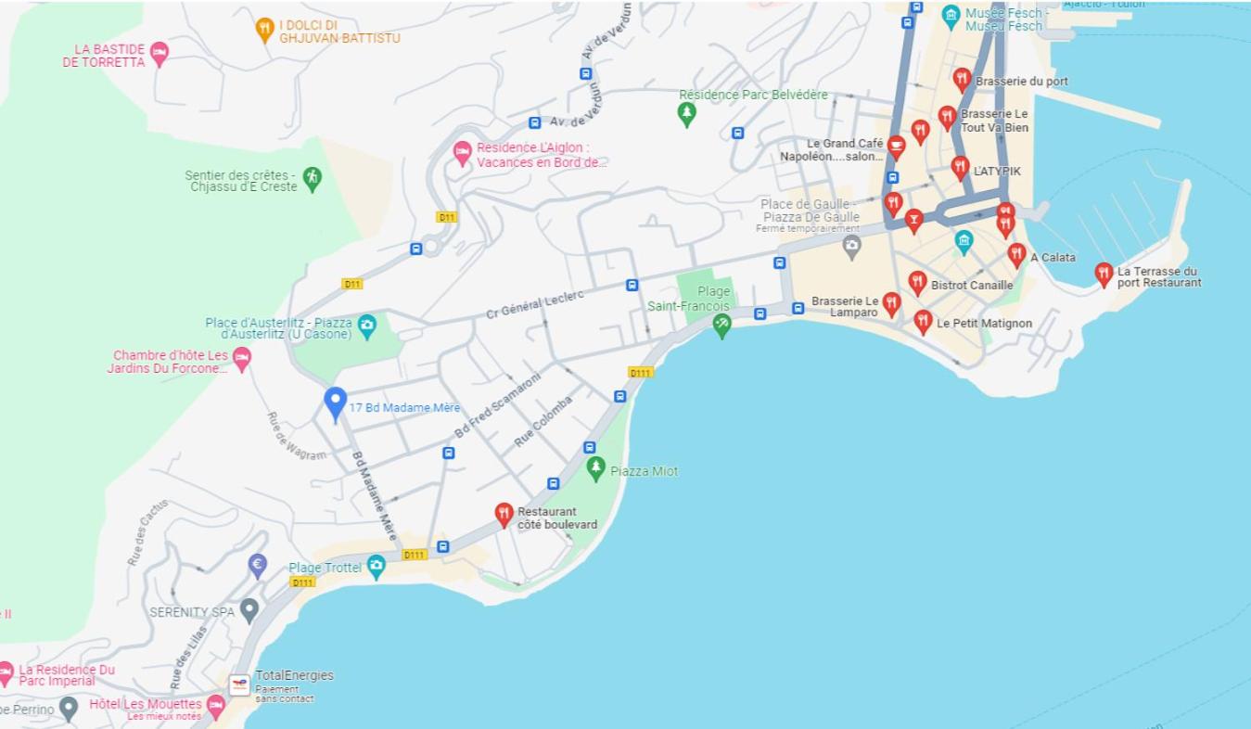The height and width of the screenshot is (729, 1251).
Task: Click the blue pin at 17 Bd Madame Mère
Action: coord(335,403)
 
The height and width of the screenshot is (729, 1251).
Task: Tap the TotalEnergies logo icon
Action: coord(239,685)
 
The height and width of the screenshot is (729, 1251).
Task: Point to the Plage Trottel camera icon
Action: coord(376,566)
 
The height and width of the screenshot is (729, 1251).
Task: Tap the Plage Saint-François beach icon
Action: coord(721,324)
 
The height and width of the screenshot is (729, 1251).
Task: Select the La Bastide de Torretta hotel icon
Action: coord(160,53)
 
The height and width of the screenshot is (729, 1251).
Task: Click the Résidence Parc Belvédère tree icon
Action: coord(686,113)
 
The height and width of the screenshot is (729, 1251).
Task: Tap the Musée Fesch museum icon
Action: coord(951,15)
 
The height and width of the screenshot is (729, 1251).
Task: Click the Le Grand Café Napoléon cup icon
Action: coord(896,147)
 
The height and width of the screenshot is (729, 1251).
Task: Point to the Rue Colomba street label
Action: coord(543,421)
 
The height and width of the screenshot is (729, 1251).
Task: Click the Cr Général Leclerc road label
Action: coord(535,303)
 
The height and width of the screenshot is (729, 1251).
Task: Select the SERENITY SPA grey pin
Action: coord(249,609)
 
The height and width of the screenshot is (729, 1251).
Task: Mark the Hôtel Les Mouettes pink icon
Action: coord(216,707)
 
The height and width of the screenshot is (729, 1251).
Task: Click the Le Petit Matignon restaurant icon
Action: coord(923,321)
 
